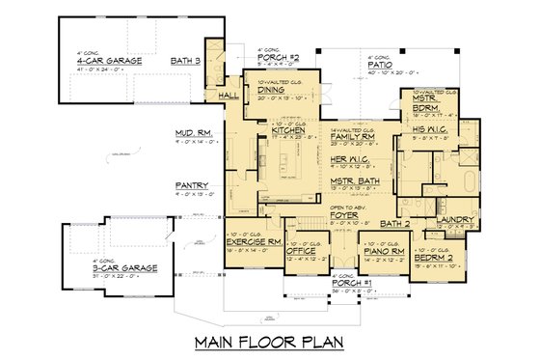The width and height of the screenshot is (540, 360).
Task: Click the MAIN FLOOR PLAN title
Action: (269, 341)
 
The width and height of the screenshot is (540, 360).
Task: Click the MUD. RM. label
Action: (193, 134)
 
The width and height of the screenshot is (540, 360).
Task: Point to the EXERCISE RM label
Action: (252, 241)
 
